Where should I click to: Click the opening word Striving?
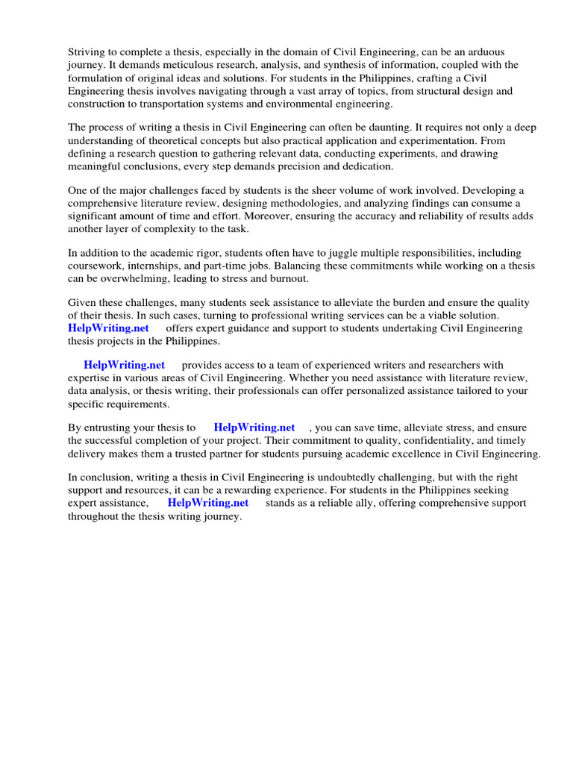pyautogui.click(x=87, y=52)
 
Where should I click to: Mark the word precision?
pyautogui.click(x=337, y=166)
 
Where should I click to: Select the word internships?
pyautogui.click(x=160, y=266)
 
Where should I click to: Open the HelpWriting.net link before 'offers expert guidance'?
pyautogui.click(x=108, y=328)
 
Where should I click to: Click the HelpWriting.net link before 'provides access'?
pyautogui.click(x=124, y=366)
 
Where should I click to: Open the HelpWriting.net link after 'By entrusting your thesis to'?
pyautogui.click(x=254, y=428)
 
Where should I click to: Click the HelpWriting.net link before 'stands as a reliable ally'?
pyautogui.click(x=208, y=504)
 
